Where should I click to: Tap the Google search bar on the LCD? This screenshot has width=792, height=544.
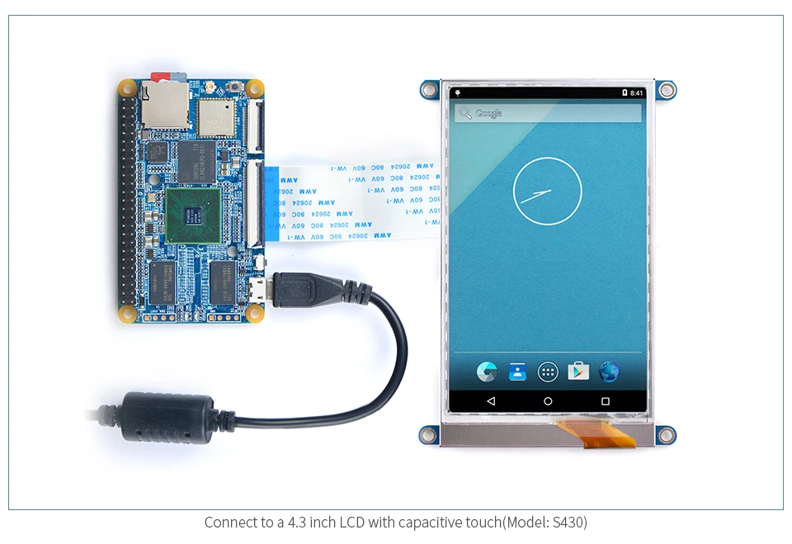point(547,113)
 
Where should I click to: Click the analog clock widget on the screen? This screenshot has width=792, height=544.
point(547,193)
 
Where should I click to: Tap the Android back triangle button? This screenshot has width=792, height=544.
point(491,401)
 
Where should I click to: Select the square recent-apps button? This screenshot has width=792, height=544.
point(605,401)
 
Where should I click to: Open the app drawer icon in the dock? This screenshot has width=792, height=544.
point(548,371)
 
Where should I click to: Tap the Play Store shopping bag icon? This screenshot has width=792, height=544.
point(578,371)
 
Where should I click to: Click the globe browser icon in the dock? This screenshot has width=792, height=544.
point(609,371)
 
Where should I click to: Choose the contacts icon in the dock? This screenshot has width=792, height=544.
point(517,371)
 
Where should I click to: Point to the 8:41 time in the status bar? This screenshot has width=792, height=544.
point(636,93)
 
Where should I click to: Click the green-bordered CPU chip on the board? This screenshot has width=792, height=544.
point(192,215)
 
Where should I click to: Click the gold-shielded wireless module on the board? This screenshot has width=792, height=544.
point(217,116)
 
